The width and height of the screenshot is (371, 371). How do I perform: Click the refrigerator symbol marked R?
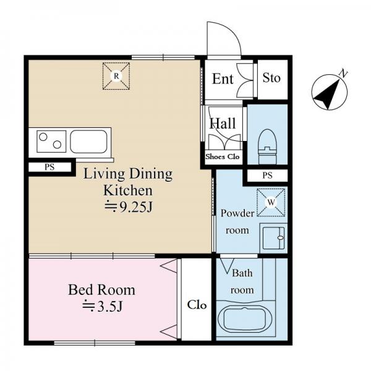(116, 76)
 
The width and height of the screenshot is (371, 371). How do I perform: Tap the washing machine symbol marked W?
(271, 202)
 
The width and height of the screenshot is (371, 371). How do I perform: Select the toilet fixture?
(268, 146)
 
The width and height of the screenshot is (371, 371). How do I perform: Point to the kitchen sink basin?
(88, 141)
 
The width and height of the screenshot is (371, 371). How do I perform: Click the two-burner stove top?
(51, 141)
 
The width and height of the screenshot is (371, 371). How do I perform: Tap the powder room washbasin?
(274, 238)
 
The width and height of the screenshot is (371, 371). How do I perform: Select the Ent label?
(223, 79)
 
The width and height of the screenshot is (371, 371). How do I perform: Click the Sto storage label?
(271, 78)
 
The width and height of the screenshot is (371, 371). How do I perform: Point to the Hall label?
(223, 123)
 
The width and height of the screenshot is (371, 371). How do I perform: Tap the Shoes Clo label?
(223, 156)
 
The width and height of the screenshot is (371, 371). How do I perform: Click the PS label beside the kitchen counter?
(49, 168)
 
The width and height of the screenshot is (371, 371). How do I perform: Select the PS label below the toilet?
(267, 176)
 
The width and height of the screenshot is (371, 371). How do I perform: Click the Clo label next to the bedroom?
(197, 305)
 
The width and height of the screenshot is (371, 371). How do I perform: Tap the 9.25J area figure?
(128, 207)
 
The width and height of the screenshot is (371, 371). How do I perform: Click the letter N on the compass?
(343, 74)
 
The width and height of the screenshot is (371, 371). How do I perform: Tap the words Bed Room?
(101, 290)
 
